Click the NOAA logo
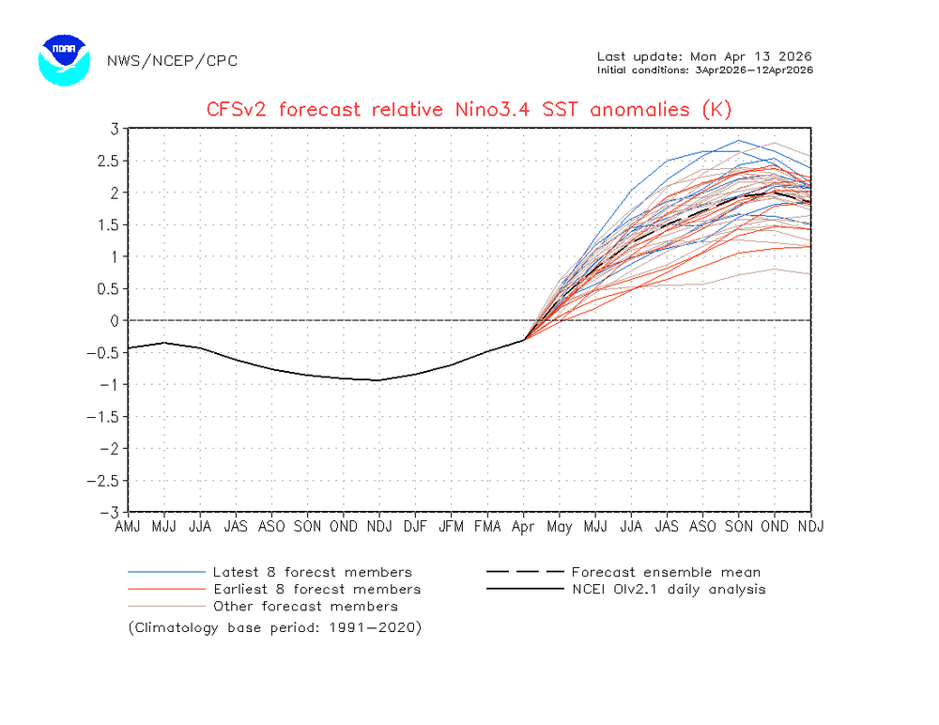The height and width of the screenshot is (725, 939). [64, 61]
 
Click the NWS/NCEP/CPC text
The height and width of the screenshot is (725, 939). [172, 61]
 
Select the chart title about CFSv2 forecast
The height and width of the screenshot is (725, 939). [469, 110]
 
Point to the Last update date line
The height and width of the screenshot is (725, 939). [704, 55]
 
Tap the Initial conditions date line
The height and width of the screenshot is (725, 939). [704, 69]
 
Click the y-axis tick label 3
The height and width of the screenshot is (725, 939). [114, 129]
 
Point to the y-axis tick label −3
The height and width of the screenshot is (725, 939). [110, 513]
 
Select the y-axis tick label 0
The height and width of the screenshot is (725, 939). [114, 321]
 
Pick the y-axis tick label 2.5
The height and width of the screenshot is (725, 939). [108, 161]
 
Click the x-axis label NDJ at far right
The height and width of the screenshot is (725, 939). [810, 526]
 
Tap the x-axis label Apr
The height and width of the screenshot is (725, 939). [523, 526]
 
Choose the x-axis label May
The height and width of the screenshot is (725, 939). [559, 526]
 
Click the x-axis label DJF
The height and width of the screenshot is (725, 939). [415, 526]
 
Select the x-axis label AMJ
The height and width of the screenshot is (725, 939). [128, 526]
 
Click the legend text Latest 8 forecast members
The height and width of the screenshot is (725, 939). [312, 572]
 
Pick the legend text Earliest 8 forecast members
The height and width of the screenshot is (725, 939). [316, 589]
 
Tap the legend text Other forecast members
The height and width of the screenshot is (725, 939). [305, 606]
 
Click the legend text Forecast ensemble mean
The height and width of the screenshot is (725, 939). [666, 572]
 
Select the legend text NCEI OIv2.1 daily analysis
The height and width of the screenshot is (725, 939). [668, 589]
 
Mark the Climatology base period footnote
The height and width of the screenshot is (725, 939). [275, 626]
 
